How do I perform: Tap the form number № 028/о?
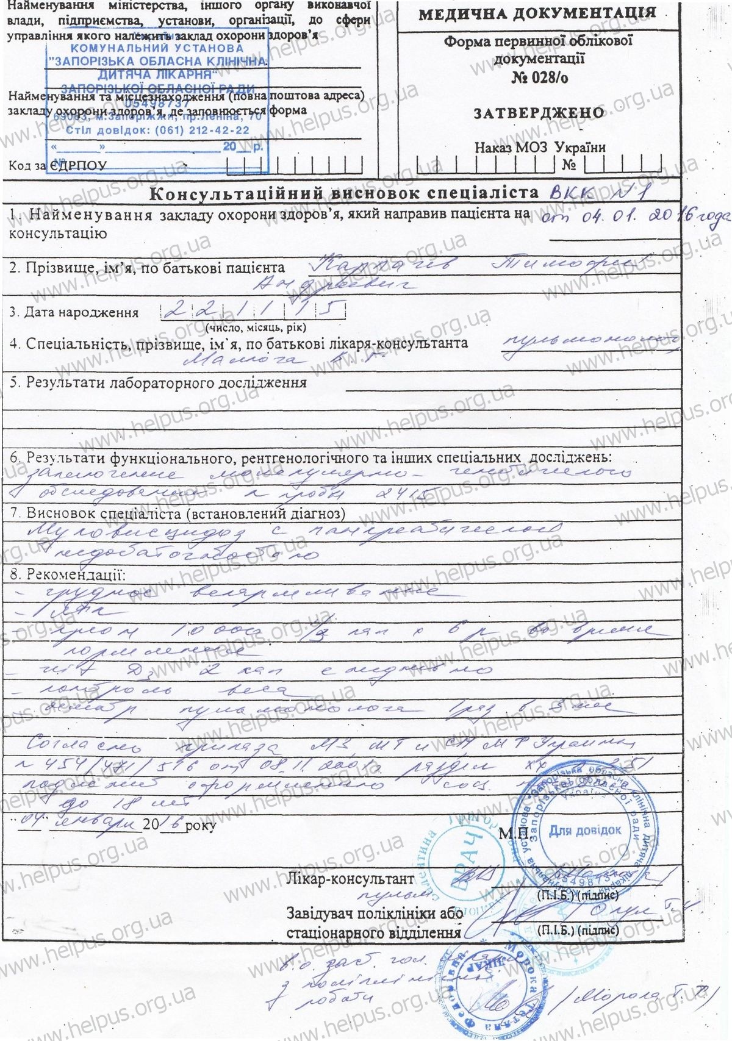pyautogui.click(x=539, y=77)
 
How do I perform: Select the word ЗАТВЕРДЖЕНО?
pyautogui.click(x=539, y=113)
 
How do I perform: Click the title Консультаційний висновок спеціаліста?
pyautogui.click(x=345, y=194)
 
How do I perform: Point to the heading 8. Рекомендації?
pyautogui.click(x=67, y=574)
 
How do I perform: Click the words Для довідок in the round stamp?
pyautogui.click(x=585, y=830)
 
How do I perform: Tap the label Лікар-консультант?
pyautogui.click(x=350, y=879)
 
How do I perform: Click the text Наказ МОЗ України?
pyautogui.click(x=540, y=148)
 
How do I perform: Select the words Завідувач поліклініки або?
pyautogui.click(x=371, y=914)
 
